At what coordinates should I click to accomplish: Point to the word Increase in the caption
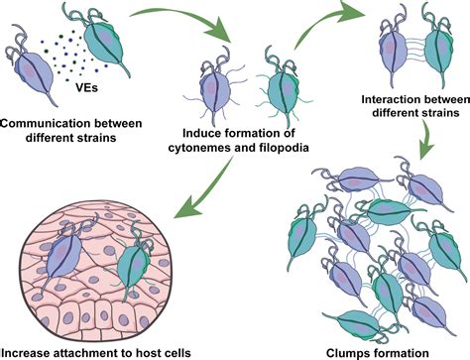tap(31, 351)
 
